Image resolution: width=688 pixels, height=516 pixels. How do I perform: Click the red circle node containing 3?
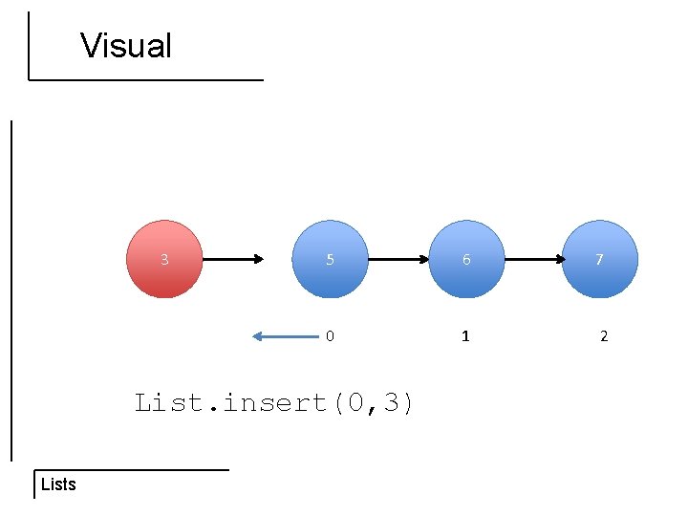click(x=165, y=259)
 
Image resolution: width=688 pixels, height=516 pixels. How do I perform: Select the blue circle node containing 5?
click(x=330, y=259)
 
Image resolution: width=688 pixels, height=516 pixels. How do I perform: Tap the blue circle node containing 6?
click(x=466, y=259)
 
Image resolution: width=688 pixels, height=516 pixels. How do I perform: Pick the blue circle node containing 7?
click(x=600, y=259)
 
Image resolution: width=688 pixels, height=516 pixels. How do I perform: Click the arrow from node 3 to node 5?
click(x=232, y=259)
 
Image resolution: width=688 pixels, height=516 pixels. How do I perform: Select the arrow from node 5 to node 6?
click(x=398, y=259)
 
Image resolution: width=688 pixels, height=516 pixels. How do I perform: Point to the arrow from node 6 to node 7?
click(x=533, y=259)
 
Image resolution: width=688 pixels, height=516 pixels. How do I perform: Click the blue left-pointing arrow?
click(x=285, y=335)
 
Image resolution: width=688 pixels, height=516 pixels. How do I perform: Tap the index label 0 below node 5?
click(x=330, y=336)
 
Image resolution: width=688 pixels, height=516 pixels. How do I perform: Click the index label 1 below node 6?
click(x=465, y=336)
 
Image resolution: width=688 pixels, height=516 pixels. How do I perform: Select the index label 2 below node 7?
click(x=603, y=336)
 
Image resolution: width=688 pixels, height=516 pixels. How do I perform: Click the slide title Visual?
click(x=126, y=46)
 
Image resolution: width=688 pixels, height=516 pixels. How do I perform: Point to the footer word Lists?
click(x=58, y=484)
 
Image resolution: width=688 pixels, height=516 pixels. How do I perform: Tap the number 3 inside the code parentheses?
click(x=392, y=403)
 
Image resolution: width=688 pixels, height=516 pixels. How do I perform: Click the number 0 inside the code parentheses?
click(x=355, y=403)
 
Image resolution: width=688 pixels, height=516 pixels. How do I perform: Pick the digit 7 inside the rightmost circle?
click(x=600, y=259)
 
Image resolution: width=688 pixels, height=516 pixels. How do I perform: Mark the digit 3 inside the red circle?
click(x=165, y=259)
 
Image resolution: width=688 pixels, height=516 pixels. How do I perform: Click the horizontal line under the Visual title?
click(x=145, y=79)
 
